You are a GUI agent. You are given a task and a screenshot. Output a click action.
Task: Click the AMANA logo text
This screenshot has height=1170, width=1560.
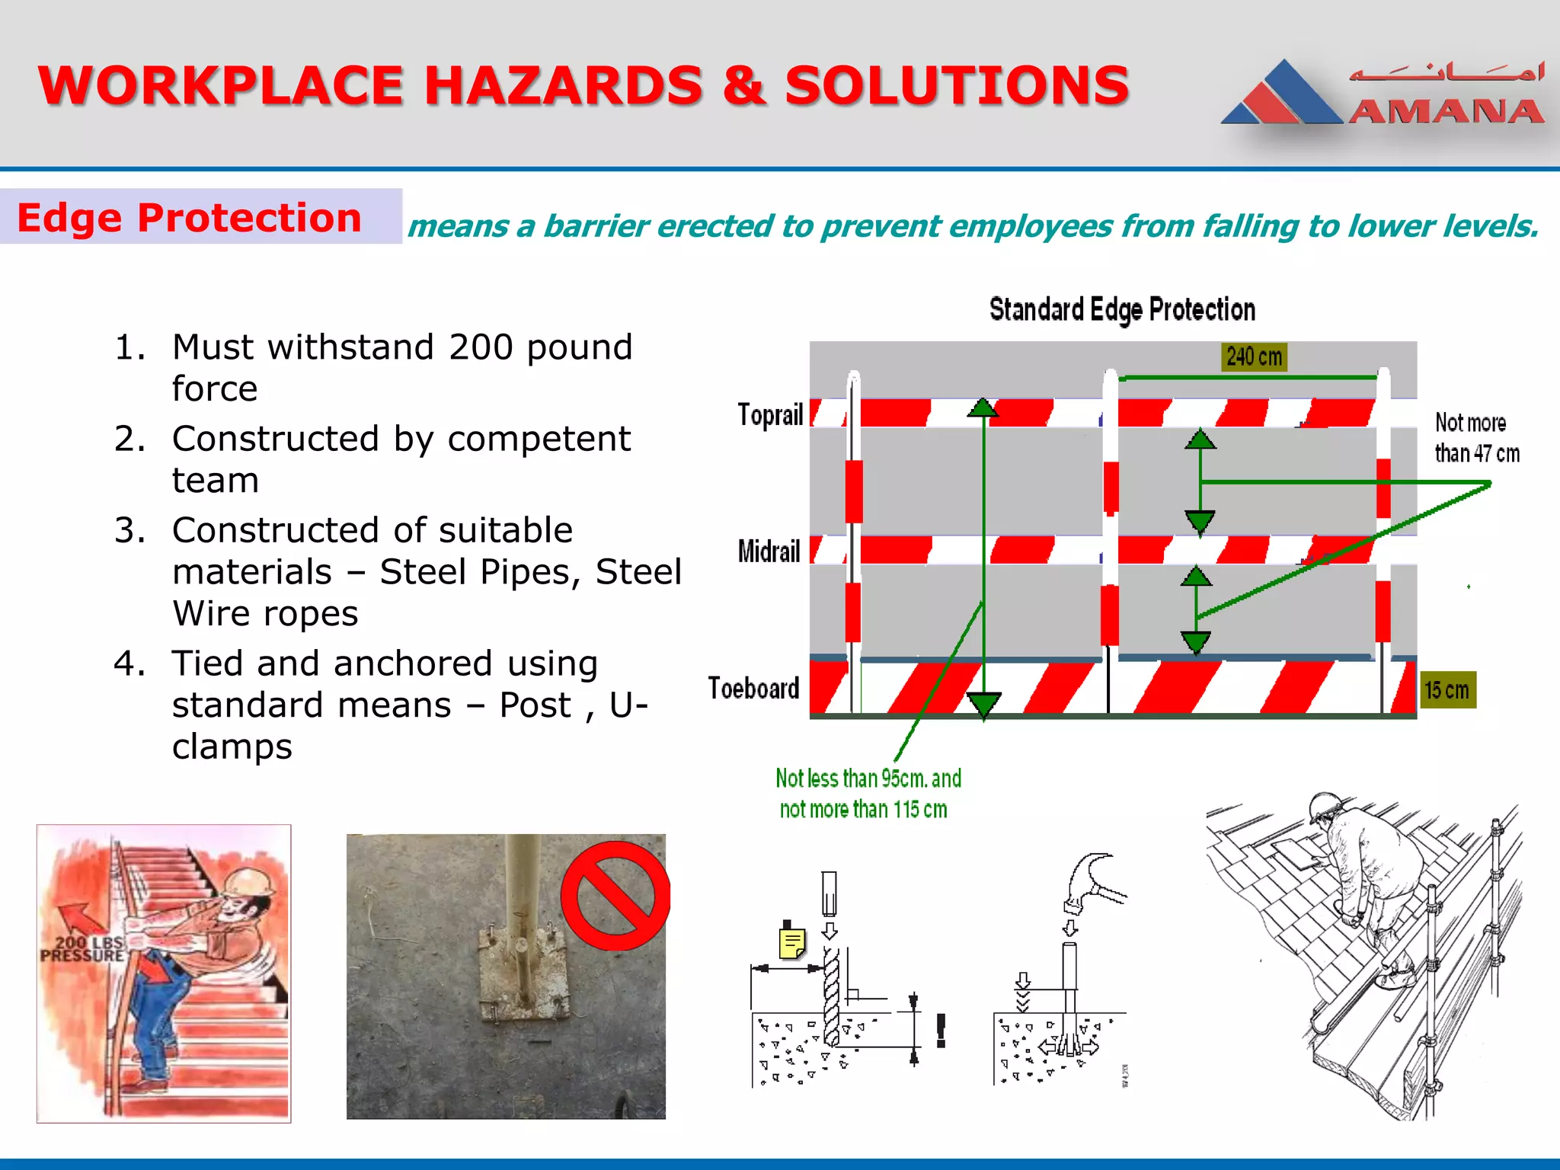1446,112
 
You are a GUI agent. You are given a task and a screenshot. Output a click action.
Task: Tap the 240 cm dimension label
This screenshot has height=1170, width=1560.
1254,356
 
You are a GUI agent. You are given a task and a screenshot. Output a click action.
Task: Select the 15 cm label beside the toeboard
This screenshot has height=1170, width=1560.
1447,690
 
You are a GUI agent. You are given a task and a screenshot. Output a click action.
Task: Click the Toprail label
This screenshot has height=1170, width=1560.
770,415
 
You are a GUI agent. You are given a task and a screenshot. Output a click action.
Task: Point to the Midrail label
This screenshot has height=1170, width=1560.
769,551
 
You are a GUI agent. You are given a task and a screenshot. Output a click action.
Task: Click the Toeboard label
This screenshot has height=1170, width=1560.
753,688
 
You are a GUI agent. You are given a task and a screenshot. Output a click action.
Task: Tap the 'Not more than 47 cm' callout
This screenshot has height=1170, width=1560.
1476,438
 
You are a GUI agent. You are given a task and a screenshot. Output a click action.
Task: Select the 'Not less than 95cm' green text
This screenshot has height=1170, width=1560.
868,778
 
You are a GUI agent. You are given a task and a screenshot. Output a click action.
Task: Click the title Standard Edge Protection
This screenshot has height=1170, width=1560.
1121,310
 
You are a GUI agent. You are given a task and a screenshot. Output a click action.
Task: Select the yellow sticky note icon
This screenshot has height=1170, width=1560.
791,942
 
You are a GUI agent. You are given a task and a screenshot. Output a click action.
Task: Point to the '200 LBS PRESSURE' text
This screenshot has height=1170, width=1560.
82,949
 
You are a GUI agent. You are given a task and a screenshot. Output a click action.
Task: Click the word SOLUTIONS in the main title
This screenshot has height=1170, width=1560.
957,85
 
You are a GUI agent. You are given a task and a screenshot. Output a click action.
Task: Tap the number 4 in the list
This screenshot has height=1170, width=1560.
129,664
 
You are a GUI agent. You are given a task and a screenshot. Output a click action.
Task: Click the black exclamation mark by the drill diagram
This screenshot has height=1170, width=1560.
941,1030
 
